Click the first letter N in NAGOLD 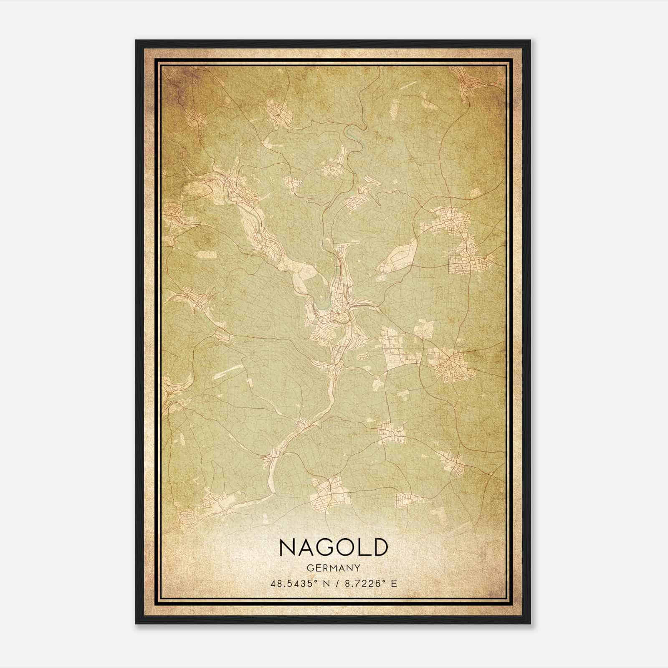coord(288,547)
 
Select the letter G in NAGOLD coord(330,547)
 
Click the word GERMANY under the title coord(334,568)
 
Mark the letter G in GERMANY coord(309,568)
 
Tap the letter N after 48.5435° coord(326,584)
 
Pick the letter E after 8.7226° coord(394,584)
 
